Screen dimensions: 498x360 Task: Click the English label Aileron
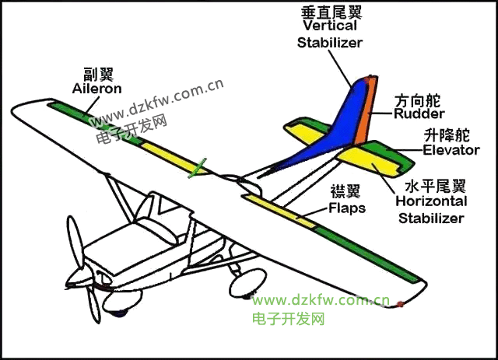click(x=96, y=89)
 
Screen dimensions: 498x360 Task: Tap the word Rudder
click(x=419, y=114)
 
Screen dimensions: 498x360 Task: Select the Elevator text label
click(x=451, y=150)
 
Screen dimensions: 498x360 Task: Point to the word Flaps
click(x=347, y=208)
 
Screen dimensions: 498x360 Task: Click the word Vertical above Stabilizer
click(x=330, y=26)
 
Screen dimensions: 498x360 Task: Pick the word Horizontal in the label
click(x=431, y=201)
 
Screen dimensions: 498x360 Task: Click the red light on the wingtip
click(x=401, y=304)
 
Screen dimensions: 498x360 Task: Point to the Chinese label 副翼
click(x=99, y=75)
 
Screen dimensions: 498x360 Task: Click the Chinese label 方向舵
click(x=417, y=101)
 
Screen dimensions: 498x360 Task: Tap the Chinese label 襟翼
click(x=345, y=191)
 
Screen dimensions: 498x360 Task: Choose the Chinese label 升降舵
click(x=447, y=136)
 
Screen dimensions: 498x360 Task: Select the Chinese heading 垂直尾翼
click(x=331, y=12)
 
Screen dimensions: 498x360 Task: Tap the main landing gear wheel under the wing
click(x=247, y=282)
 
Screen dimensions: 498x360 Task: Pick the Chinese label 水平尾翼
click(x=435, y=187)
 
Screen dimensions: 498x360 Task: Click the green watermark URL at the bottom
click(x=321, y=300)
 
